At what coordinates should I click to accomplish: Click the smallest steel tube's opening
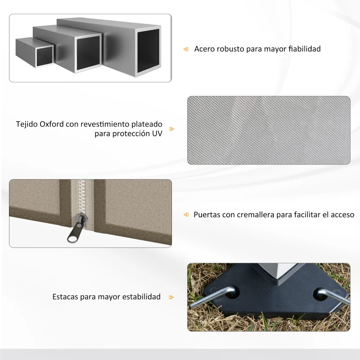point(44,56)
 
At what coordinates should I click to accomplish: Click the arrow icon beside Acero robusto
point(185,49)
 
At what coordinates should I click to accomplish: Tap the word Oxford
point(51,124)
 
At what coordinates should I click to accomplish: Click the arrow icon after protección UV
point(171,129)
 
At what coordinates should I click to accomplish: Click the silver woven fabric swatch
point(269,130)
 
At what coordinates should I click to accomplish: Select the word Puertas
point(207,215)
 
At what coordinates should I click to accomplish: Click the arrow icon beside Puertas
point(185,215)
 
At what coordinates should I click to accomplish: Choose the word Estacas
point(65,297)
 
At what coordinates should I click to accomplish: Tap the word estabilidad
point(140,297)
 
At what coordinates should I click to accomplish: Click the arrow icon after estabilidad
point(171,297)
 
